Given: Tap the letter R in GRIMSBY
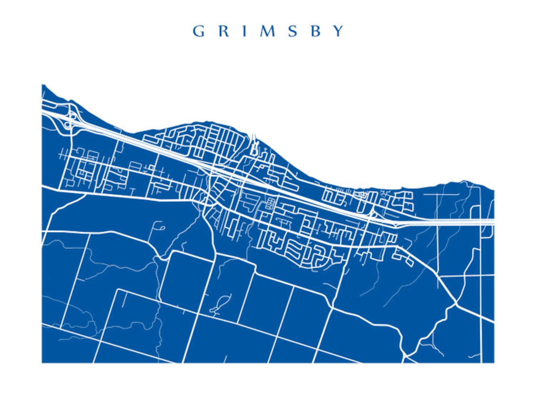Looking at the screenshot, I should (223, 31).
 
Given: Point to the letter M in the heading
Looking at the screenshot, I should (268, 31).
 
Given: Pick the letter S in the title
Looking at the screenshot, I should (293, 31).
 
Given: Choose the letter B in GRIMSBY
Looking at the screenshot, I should (315, 31).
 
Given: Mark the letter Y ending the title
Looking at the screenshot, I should (338, 31).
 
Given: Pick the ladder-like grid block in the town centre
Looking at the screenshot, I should (270, 204).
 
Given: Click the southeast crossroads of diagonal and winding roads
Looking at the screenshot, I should (455, 303).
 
